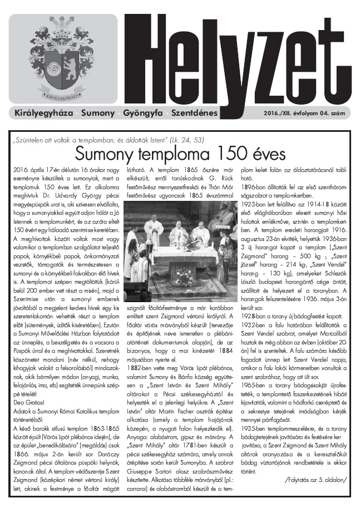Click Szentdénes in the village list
[194, 114]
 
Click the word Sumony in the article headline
[105, 153]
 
